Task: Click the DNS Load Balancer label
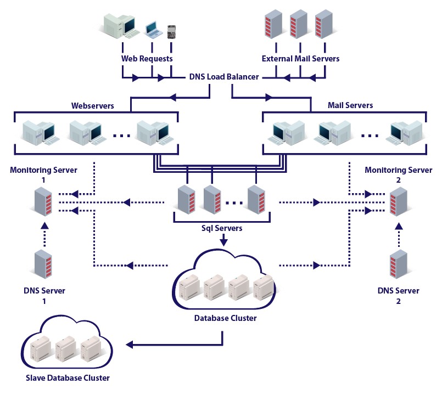pyautogui.click(x=224, y=77)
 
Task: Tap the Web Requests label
pyautogui.click(x=147, y=59)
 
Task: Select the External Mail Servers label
pyautogui.click(x=300, y=59)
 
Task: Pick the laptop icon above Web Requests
pyautogui.click(x=153, y=30)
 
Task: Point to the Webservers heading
pyautogui.click(x=92, y=105)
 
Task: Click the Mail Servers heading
pyautogui.click(x=350, y=105)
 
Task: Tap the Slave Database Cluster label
pyautogui.click(x=68, y=378)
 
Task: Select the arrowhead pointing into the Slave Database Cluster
pyautogui.click(x=130, y=345)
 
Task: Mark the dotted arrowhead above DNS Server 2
pyautogui.click(x=399, y=226)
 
